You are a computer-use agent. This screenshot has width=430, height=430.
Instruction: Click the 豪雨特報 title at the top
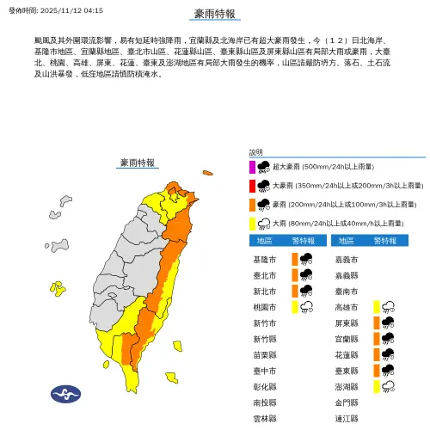coord(214,13)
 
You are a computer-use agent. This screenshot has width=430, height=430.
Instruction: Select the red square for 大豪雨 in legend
coord(252,186)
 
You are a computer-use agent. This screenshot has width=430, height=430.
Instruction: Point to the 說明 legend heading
coord(256,152)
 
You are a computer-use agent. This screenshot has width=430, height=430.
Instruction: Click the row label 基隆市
coord(266,259)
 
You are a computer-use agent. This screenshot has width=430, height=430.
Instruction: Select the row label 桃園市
coord(266,306)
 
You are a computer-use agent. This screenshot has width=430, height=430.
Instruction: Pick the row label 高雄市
coord(347,306)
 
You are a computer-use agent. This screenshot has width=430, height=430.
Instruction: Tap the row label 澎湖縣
coord(347,385)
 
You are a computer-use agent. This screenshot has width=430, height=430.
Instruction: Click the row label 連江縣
coord(347,417)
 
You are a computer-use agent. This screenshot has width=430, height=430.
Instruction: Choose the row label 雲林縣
coord(266,417)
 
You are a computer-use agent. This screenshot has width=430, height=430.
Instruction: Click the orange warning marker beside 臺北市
coord(295,274)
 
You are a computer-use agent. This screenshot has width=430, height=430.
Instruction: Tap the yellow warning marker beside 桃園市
coord(295,306)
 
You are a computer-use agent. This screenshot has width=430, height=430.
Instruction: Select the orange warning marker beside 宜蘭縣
coord(377,338)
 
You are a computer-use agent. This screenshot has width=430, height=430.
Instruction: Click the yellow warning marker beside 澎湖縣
coord(377,385)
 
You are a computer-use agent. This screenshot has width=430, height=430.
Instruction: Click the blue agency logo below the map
coord(65,392)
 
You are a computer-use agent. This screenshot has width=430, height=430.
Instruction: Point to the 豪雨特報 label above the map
coord(138,162)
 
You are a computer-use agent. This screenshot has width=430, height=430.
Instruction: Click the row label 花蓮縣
coord(347,353)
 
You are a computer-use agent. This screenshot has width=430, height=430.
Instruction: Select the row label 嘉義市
coord(347,259)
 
